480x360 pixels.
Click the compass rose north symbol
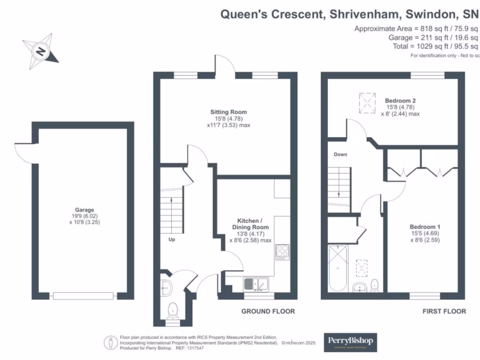[x=41, y=50]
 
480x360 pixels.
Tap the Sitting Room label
[x=228, y=112]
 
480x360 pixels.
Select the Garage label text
[x=84, y=210]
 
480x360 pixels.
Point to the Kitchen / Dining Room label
[x=251, y=224]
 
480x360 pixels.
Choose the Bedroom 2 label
[x=400, y=100]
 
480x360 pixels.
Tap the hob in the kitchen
[x=282, y=252]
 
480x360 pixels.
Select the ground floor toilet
[x=172, y=309]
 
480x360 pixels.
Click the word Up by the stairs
[x=172, y=239]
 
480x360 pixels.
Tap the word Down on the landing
[x=340, y=154]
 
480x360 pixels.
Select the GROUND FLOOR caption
[x=268, y=311]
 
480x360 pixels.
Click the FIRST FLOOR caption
[x=444, y=311]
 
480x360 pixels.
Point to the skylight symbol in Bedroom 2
[x=367, y=103]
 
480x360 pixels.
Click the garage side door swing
[x=23, y=152]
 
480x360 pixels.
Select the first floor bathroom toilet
[x=375, y=285]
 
